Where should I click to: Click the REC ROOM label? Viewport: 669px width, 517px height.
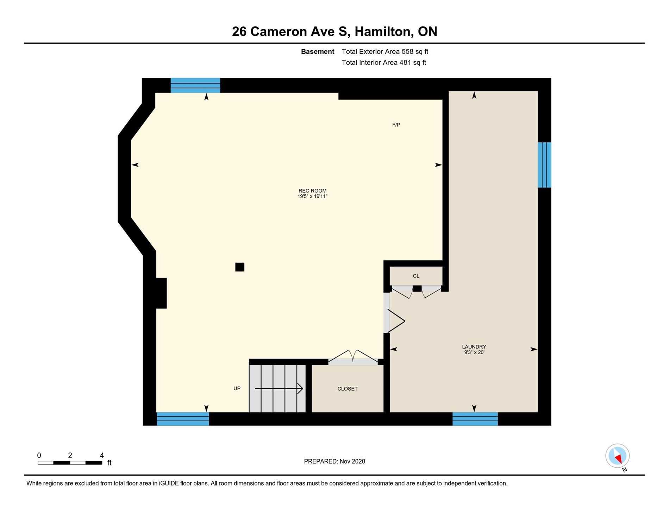pos(312,191)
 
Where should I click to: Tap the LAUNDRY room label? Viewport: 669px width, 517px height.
pos(474,347)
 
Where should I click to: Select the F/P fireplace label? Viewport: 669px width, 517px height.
pos(396,125)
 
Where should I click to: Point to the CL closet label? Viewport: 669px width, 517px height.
pos(416,276)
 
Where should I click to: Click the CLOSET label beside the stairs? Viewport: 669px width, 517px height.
pos(348,389)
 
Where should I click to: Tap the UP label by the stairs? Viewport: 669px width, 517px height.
pos(237,388)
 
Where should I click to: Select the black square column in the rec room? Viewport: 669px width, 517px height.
pos(240,267)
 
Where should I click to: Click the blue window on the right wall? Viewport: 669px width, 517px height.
pos(544,165)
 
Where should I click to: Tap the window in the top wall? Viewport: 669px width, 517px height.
pos(195,85)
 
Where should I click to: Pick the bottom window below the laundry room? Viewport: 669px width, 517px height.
pos(475,419)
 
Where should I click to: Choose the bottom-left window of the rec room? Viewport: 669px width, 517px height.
pos(183,419)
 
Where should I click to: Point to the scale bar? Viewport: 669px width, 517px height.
pos(70,462)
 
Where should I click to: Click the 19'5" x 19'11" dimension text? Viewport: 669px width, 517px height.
pos(312,197)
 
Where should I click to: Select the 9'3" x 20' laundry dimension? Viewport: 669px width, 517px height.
pos(474,352)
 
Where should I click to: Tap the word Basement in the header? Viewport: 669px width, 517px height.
pos(318,51)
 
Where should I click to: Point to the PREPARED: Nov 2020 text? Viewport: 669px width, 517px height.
pos(334,461)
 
